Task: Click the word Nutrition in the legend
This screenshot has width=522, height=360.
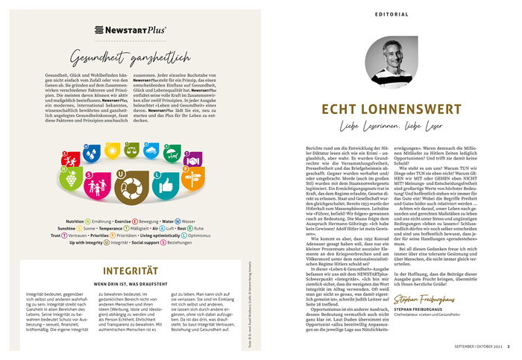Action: pos(74,221)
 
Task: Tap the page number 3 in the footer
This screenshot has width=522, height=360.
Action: pos(509,345)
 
